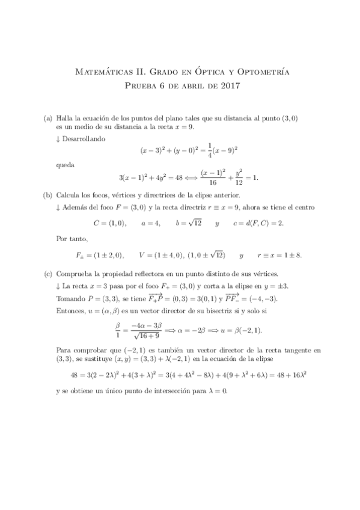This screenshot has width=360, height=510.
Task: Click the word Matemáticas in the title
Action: (x=101, y=72)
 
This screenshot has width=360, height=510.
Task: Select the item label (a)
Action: (x=47, y=118)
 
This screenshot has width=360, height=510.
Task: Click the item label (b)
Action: (x=47, y=195)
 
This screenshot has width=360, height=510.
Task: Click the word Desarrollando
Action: (x=83, y=138)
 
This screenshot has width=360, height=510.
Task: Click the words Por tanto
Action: (x=71, y=238)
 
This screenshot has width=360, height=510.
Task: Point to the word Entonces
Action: (x=72, y=311)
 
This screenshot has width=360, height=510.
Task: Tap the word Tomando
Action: (x=72, y=299)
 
